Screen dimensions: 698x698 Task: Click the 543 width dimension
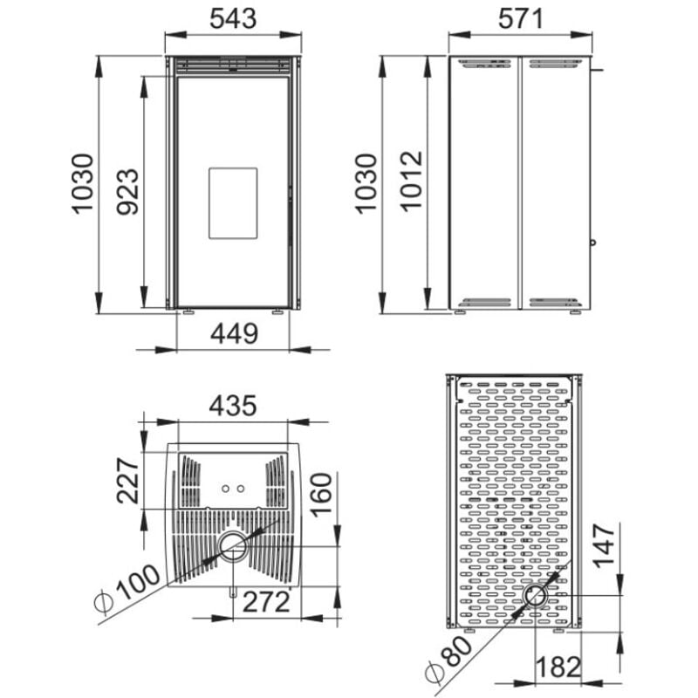233,18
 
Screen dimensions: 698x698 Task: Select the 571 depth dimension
520,18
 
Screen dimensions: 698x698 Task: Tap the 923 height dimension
127,192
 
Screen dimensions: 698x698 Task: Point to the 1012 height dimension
410,181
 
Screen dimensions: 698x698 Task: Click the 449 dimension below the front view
234,333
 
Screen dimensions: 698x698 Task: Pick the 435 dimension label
233,406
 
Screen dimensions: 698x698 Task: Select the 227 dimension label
128,481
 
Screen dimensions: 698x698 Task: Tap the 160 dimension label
321,495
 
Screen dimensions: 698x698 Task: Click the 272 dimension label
266,603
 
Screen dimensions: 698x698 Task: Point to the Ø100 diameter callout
127,589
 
